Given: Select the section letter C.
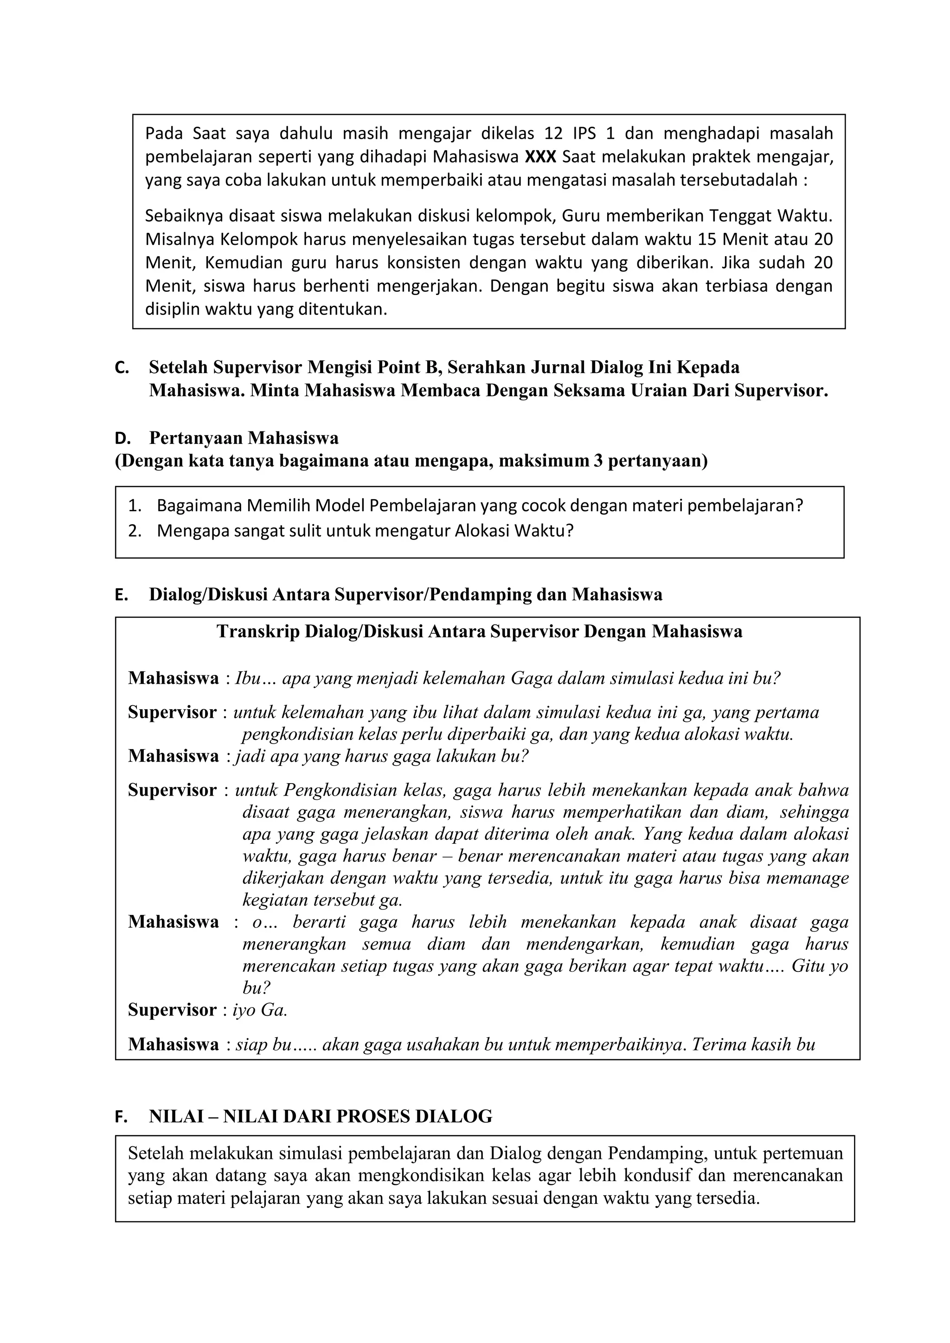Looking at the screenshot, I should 121,368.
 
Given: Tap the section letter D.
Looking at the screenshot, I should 121,439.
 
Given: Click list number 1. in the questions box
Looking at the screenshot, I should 135,505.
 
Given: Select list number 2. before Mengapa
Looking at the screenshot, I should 135,531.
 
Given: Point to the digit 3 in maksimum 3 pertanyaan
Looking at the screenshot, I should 597,462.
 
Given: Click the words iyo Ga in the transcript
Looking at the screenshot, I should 259,1010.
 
